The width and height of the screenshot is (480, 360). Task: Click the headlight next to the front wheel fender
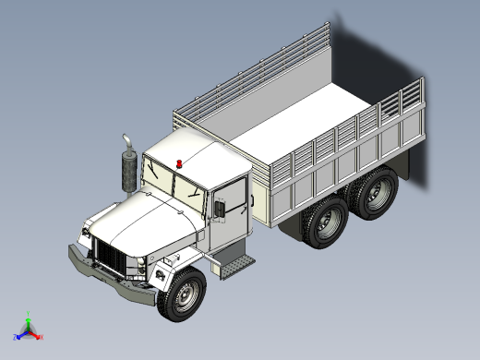[141, 271]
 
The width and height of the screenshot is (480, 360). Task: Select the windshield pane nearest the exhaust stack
[159, 182]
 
